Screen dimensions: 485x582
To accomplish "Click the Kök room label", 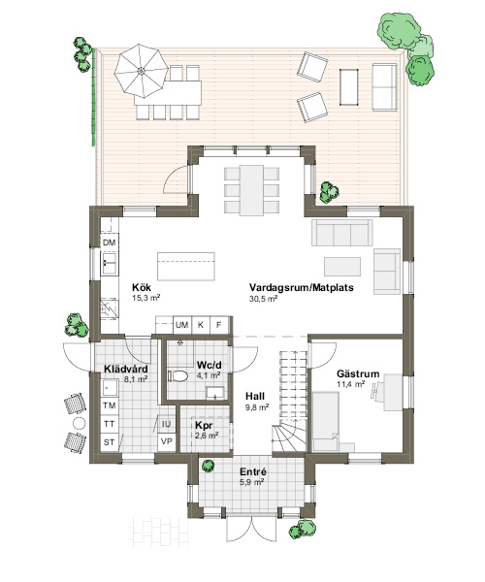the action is pyautogui.click(x=142, y=288).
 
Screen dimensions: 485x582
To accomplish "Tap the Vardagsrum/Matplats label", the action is pyautogui.click(x=302, y=288).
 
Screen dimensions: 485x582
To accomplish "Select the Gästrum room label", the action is pyautogui.click(x=358, y=373).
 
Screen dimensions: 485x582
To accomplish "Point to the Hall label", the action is pyautogui.click(x=255, y=396).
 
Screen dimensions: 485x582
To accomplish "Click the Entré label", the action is pyautogui.click(x=253, y=472).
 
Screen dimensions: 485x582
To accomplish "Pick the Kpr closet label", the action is pyautogui.click(x=204, y=426).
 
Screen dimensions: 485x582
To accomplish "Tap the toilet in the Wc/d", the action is pyautogui.click(x=178, y=376).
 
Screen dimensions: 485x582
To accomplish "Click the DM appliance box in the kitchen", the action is pyautogui.click(x=109, y=242).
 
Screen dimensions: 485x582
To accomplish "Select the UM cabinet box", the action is pyautogui.click(x=181, y=325).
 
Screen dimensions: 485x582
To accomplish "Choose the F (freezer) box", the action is pyautogui.click(x=219, y=325).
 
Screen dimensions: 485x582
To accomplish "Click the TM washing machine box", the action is pyautogui.click(x=109, y=405).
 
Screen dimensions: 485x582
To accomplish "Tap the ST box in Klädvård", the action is pyautogui.click(x=109, y=442).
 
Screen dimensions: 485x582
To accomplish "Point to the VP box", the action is pyautogui.click(x=167, y=442).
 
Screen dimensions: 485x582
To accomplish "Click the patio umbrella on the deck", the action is pyautogui.click(x=141, y=71).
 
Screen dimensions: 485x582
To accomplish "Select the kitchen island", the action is pyautogui.click(x=186, y=266).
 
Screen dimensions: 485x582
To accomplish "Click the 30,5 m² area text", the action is pyautogui.click(x=263, y=299).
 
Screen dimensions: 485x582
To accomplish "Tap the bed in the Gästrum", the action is pyautogui.click(x=326, y=422).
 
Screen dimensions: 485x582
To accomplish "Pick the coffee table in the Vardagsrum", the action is pyautogui.click(x=342, y=267).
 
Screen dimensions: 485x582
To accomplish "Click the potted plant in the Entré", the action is pyautogui.click(x=209, y=466).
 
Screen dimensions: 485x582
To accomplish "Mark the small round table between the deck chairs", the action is pyautogui.click(x=79, y=423).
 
